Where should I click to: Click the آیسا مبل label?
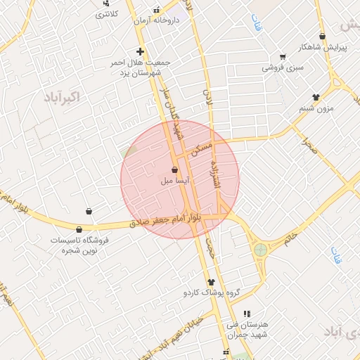[x=174, y=181]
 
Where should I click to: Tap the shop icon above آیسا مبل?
[x=174, y=169]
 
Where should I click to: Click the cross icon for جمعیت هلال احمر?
[x=140, y=51]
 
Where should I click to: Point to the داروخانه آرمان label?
[x=158, y=20]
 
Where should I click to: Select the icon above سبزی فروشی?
[x=283, y=57]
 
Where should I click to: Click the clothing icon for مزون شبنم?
[x=316, y=98]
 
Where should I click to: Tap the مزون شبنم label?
[x=315, y=108]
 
